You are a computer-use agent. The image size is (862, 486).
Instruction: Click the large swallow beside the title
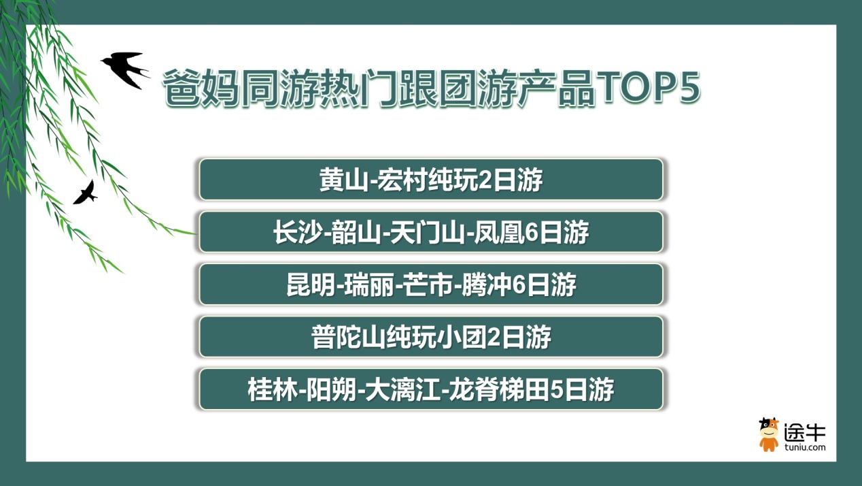pyautogui.click(x=125, y=69)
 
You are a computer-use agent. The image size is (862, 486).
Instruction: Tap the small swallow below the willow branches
pyautogui.click(x=86, y=193)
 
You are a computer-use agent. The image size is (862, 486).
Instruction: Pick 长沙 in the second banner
pyautogui.click(x=298, y=232)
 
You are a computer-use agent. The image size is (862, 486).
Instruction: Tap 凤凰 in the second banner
pyautogui.click(x=498, y=232)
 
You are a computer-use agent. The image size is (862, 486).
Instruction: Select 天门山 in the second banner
pyautogui.click(x=428, y=232)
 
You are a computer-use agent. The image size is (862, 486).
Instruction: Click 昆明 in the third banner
pyautogui.click(x=311, y=285)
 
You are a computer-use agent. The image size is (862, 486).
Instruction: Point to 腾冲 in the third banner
pyautogui.click(x=486, y=285)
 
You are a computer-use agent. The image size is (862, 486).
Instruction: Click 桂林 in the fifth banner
pyautogui.click(x=272, y=389)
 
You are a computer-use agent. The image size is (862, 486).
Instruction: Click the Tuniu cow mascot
pyautogui.click(x=768, y=434)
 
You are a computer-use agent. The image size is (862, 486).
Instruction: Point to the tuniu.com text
pyautogui.click(x=805, y=447)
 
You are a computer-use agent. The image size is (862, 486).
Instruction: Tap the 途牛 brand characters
pyautogui.click(x=805, y=432)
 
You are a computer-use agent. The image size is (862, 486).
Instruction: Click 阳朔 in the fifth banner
pyautogui.click(x=330, y=389)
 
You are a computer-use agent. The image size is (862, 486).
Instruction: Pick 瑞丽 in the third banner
pyautogui.click(x=369, y=285)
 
